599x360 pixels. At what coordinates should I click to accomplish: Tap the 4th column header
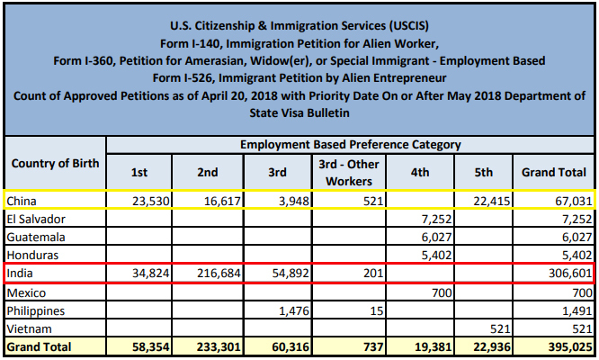coord(419,171)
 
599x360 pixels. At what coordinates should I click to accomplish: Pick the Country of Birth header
coord(54,162)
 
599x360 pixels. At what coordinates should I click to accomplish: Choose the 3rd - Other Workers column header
coord(349,171)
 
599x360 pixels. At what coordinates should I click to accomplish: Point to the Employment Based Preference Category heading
coord(350,144)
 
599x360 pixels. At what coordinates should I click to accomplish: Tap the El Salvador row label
coord(37,219)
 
